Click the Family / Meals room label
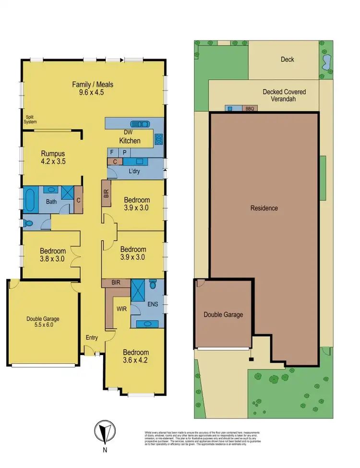93,88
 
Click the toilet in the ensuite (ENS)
154,285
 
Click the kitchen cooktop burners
159,139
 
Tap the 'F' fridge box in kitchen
112,152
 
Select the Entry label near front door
92,338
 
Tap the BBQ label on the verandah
250,109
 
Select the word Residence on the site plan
264,208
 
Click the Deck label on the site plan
288,60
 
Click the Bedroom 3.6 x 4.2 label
135,356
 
